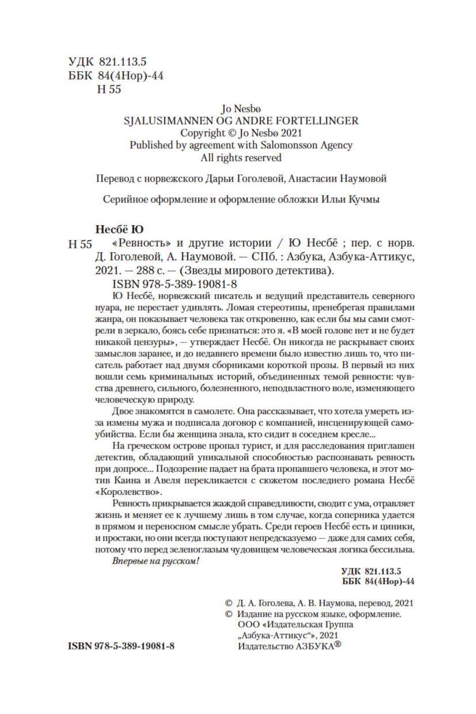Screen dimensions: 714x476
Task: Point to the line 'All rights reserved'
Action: point(241,158)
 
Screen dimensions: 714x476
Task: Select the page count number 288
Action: point(145,271)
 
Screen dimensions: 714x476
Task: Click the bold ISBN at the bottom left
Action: point(121,646)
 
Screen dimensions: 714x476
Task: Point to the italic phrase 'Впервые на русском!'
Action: point(156,561)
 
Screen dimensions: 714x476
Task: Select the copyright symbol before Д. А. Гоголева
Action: point(229,603)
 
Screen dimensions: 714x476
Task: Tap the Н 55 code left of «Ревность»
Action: point(80,244)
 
